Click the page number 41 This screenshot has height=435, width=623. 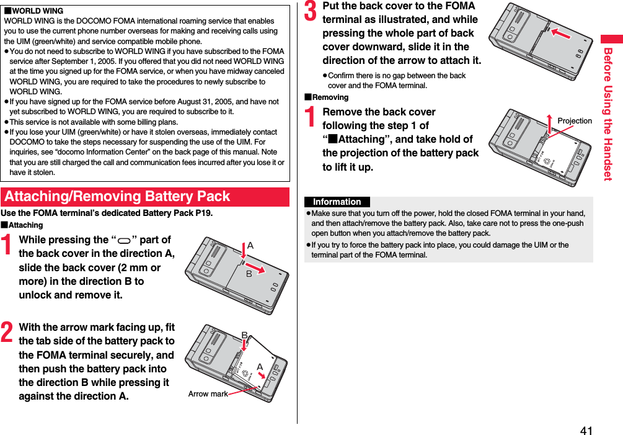click(x=586, y=430)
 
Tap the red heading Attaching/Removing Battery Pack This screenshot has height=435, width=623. click(x=117, y=197)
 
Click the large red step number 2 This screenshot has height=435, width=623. click(x=7, y=333)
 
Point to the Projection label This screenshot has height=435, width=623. click(x=574, y=121)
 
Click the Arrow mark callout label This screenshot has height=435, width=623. click(x=208, y=393)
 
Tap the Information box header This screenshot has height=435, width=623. click(x=337, y=202)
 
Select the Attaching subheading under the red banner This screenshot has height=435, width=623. click(x=24, y=225)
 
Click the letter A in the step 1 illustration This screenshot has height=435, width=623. click(x=250, y=246)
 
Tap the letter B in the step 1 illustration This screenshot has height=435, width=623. click(x=249, y=273)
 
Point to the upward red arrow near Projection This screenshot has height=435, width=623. click(x=549, y=123)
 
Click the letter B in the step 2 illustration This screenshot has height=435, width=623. click(x=244, y=336)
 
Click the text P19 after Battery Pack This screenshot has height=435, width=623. click(x=203, y=213)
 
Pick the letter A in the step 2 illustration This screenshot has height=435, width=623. click(x=260, y=367)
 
